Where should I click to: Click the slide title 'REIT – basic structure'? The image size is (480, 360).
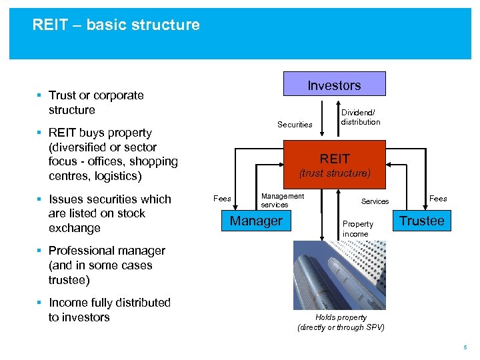[x=116, y=25]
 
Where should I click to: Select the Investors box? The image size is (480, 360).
[x=334, y=85]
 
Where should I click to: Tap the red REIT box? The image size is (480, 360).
[x=334, y=159]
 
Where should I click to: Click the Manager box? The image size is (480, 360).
[x=256, y=221]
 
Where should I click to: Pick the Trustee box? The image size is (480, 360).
[x=421, y=221]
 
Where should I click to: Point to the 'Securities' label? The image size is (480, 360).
[x=295, y=125]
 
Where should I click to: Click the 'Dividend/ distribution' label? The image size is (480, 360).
[x=360, y=117]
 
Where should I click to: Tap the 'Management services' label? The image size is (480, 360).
[x=282, y=200]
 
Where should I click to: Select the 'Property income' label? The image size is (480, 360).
[x=357, y=229]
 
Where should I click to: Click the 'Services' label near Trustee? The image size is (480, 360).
[x=375, y=201]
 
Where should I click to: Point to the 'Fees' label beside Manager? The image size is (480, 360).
[x=222, y=198]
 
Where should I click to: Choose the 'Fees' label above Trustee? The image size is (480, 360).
[x=438, y=198]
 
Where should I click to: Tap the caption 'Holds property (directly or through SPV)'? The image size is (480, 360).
[x=341, y=323]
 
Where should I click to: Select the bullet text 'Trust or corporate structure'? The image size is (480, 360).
[x=96, y=103]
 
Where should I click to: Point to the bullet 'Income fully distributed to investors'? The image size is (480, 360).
[x=109, y=310]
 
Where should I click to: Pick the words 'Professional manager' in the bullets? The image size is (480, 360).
[x=107, y=251]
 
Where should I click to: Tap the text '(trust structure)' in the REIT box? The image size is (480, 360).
[x=334, y=173]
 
